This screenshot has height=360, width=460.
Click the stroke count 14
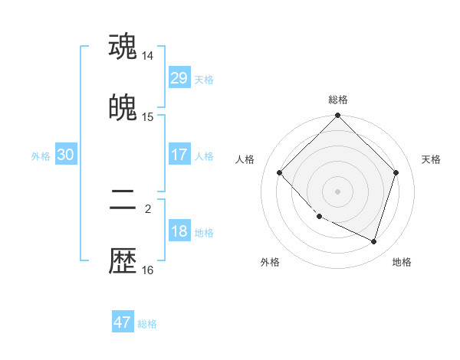click(148, 56)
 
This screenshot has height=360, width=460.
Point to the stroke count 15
click(148, 117)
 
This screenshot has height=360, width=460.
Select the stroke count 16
click(148, 270)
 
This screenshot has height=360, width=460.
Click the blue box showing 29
click(179, 77)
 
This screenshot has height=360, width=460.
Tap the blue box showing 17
click(179, 154)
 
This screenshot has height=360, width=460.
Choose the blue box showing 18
click(179, 231)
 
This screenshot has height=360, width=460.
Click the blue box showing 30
click(66, 155)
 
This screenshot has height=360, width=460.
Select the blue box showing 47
click(123, 322)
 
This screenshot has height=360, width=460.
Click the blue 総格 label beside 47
click(147, 324)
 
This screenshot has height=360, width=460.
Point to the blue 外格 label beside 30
click(41, 156)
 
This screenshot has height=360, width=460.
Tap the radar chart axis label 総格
click(338, 100)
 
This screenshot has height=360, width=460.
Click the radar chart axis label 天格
click(431, 159)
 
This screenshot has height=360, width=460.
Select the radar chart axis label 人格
click(245, 159)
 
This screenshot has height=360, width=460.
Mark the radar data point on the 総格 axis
click(338, 116)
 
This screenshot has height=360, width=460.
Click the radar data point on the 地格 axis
click(374, 242)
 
